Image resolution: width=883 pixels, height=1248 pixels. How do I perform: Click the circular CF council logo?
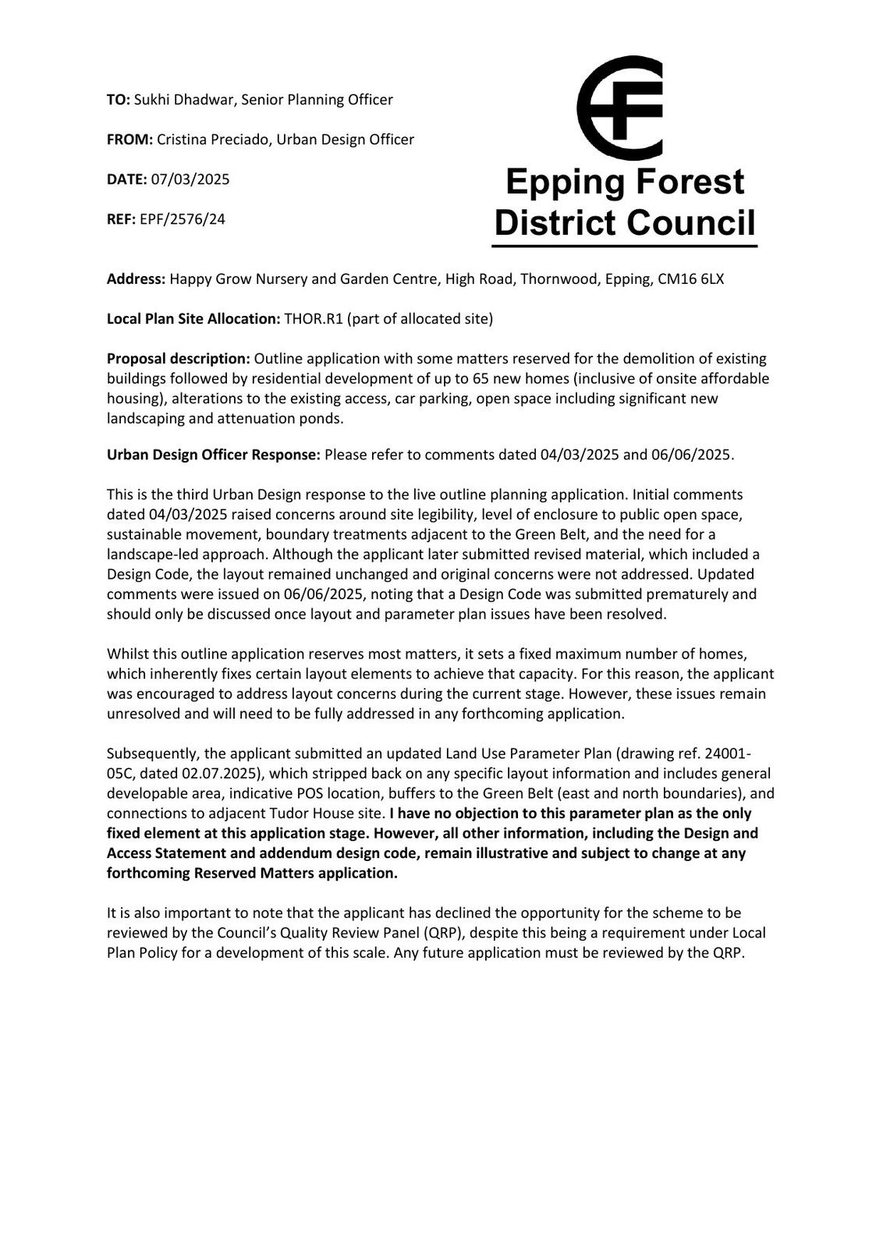pyautogui.click(x=620, y=108)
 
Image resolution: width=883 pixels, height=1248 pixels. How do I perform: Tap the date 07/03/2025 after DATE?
pyautogui.click(x=190, y=179)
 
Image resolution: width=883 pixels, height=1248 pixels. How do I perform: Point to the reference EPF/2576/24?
pyautogui.click(x=183, y=219)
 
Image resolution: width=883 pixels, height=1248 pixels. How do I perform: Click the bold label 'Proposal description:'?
pyautogui.click(x=179, y=359)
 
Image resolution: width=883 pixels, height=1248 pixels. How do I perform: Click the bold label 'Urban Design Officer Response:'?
pyautogui.click(x=214, y=455)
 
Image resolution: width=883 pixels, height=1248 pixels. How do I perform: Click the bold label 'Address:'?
pyautogui.click(x=137, y=279)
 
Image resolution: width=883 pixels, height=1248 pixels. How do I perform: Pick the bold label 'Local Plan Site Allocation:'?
pyautogui.click(x=193, y=319)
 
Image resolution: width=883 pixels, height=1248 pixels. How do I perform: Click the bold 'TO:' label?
pyautogui.click(x=119, y=100)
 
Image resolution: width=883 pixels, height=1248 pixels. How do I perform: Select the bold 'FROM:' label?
pyautogui.click(x=129, y=140)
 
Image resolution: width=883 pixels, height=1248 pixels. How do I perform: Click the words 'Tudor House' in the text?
pyautogui.click(x=301, y=814)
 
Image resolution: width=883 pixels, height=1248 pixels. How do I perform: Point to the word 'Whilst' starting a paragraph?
pyautogui.click(x=126, y=654)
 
